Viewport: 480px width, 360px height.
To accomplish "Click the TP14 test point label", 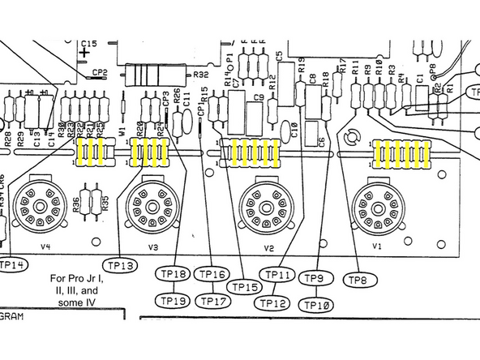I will [11, 264].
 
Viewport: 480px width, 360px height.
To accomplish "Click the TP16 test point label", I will [212, 274].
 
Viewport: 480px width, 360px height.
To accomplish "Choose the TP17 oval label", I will [212, 301].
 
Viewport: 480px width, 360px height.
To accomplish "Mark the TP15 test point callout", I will [245, 287].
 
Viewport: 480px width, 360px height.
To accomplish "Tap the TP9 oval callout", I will [315, 279].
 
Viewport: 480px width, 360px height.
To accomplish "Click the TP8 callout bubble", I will [358, 280].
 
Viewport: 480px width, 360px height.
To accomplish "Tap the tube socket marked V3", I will [150, 204].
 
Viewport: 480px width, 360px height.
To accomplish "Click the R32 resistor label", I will [200, 75].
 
